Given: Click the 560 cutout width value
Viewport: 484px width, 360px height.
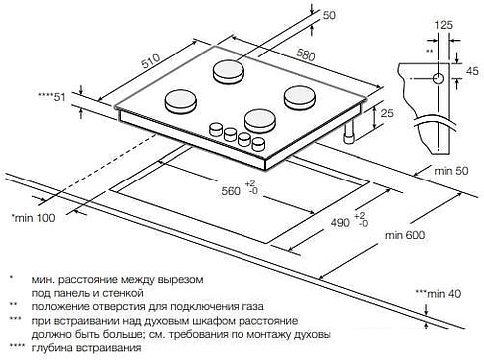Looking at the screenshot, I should pyautogui.click(x=232, y=190).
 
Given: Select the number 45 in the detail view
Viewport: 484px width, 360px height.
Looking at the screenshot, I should pyautogui.click(x=470, y=71).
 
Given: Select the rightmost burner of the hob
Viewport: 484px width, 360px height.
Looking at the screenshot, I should pyautogui.click(x=299, y=97).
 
